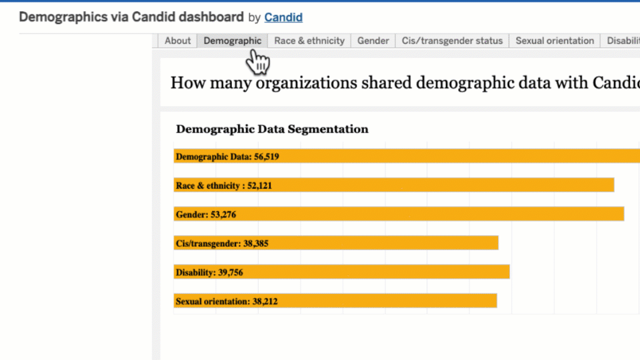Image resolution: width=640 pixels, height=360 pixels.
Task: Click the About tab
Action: pos(177,41)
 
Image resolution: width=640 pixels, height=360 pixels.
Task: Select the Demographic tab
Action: pos(232,41)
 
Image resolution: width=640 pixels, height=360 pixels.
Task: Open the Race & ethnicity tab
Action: pos(309,41)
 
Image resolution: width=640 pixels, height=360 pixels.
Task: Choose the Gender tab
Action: pos(373,41)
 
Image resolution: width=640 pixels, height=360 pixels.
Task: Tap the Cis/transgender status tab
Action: pos(452,41)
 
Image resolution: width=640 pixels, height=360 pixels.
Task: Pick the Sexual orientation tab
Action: pos(554,41)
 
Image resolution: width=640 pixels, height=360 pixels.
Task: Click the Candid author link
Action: pos(283,17)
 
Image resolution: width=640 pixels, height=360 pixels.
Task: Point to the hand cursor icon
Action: pos(257,63)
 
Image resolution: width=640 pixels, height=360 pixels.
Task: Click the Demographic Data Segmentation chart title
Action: pos(272,129)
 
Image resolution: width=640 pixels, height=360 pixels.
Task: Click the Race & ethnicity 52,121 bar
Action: pos(393,185)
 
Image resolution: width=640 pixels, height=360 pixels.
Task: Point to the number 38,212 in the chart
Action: pos(265,301)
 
